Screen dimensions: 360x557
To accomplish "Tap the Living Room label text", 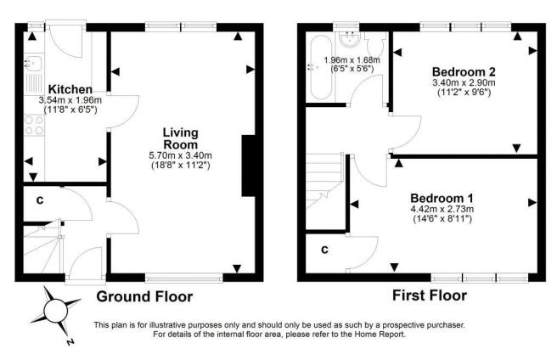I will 181,138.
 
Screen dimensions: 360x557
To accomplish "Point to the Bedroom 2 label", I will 463,70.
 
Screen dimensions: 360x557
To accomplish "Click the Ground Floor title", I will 144,296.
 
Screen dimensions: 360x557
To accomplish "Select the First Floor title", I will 429,296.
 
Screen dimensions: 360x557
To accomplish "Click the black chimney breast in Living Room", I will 249,166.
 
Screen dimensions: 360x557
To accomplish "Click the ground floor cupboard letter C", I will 40,201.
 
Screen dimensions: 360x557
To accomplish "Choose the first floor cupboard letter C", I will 324,250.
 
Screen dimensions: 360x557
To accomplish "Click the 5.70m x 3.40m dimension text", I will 181,155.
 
